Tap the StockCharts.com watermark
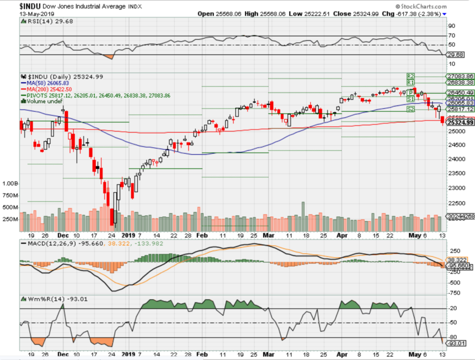coord(422,7)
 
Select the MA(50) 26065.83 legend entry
coord(51,82)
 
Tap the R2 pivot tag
coord(410,76)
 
